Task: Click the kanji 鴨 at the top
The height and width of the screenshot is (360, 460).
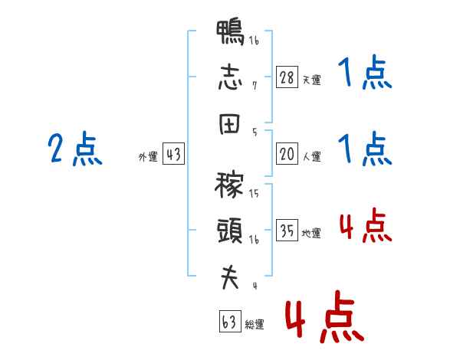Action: tap(230, 32)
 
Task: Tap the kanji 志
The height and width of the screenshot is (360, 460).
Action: tap(230, 77)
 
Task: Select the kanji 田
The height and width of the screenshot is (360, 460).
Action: tap(230, 124)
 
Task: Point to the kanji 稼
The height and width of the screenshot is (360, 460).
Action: tap(229, 185)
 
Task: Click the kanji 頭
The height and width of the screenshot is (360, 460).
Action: tap(230, 231)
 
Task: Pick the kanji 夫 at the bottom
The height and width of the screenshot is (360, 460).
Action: tap(230, 277)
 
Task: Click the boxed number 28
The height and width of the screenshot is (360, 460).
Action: tap(287, 77)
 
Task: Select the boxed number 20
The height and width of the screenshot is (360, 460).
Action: tap(287, 154)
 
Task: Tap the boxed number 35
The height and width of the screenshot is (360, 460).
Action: tap(287, 230)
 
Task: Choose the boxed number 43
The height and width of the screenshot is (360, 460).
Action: tap(173, 154)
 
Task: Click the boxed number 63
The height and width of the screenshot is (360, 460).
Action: tap(230, 321)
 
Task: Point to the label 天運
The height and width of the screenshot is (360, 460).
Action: tap(311, 80)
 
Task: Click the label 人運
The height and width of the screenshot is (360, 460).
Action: tap(311, 156)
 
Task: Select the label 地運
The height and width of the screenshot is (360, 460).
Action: tap(311, 233)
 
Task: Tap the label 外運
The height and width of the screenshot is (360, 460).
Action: tap(148, 157)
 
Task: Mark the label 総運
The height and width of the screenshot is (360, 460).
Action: tap(255, 324)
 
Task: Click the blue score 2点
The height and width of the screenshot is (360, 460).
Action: tap(75, 149)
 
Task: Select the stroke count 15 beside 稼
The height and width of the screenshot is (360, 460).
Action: tap(254, 193)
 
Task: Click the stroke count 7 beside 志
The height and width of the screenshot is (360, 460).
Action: tap(255, 86)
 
